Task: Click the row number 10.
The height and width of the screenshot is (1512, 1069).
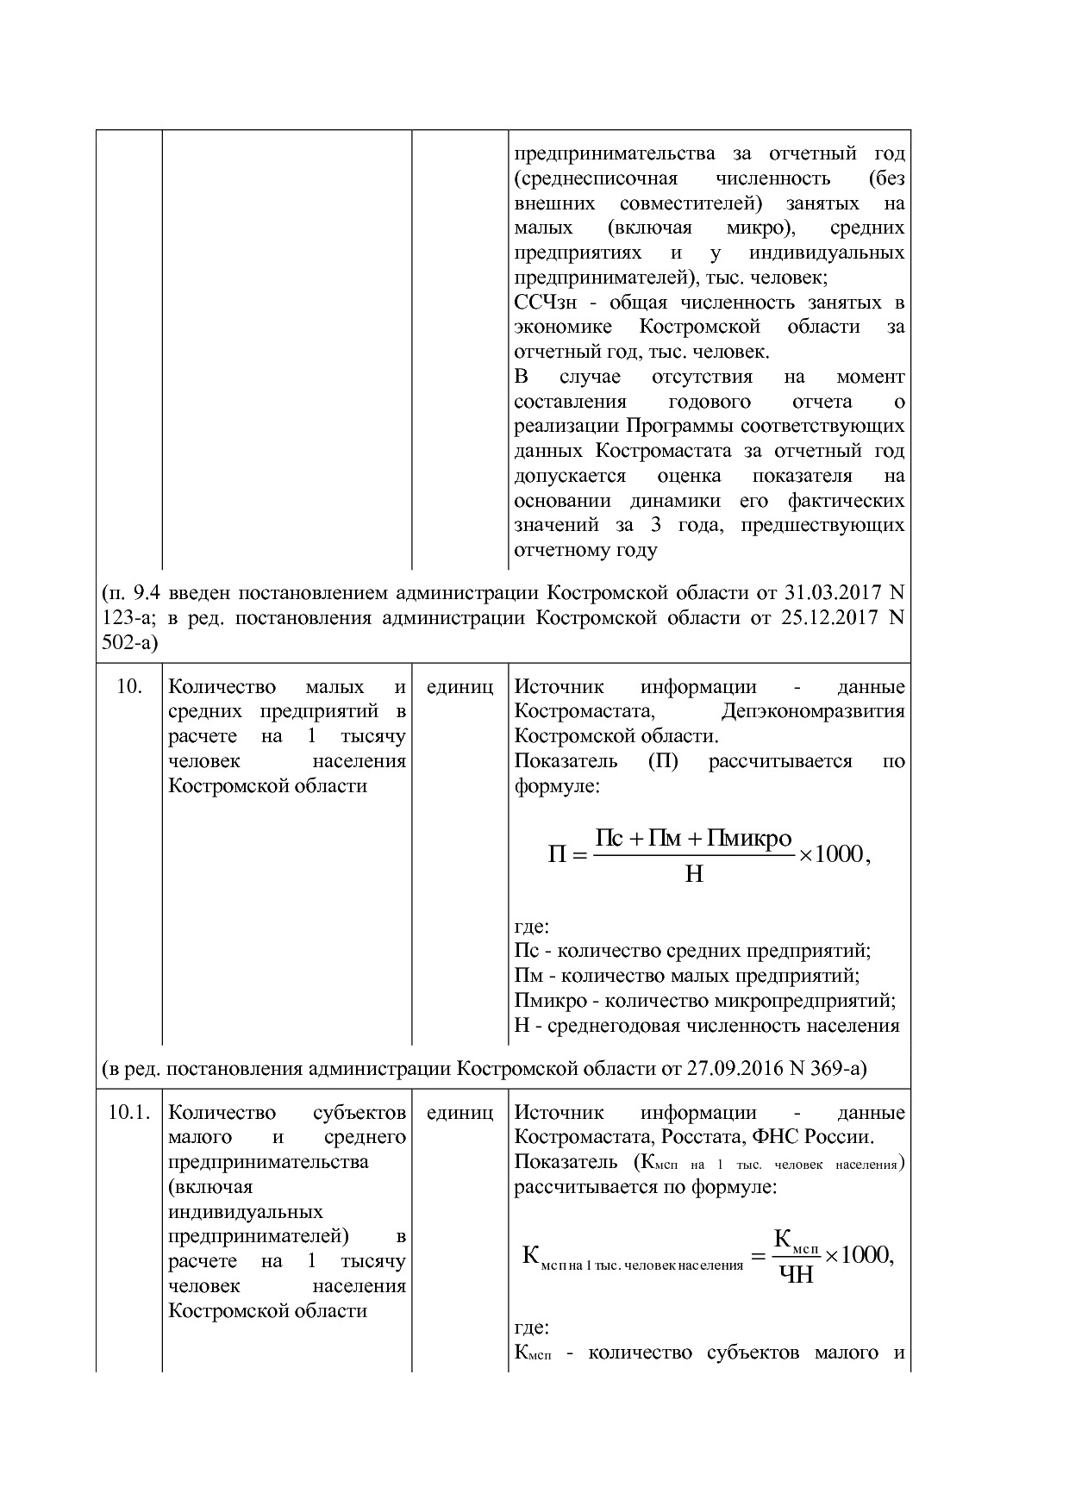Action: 128,687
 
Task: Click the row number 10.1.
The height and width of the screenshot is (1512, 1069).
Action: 128,1112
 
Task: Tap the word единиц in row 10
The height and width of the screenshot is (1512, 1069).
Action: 459,687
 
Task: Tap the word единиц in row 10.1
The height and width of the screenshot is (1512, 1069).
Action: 459,1112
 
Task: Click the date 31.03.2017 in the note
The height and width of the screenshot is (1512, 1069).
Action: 833,593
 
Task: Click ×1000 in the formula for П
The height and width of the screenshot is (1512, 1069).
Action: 831,854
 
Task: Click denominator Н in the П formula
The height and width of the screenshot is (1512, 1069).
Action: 694,874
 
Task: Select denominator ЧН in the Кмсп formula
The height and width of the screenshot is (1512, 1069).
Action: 796,1274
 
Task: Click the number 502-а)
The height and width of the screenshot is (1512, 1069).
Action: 129,643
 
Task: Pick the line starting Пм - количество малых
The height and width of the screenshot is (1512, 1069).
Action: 686,976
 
